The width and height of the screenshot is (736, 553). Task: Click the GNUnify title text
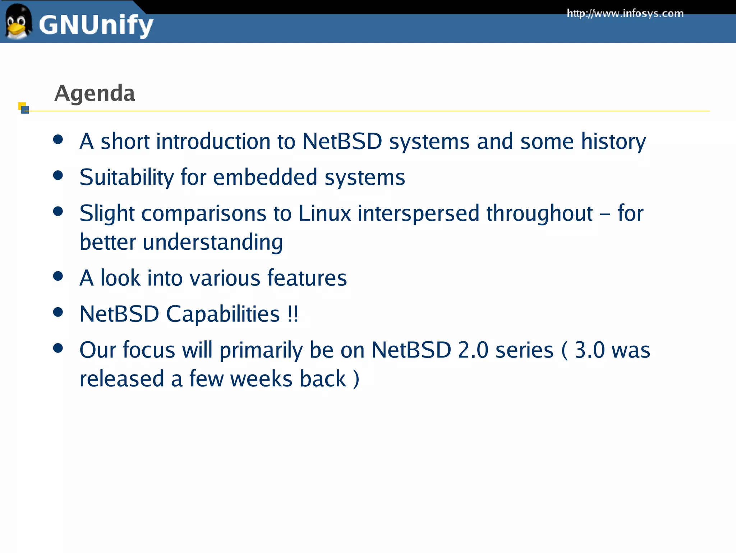coord(96,25)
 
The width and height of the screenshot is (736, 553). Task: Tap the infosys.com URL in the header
coord(625,14)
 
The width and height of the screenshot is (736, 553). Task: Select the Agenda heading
coord(95,93)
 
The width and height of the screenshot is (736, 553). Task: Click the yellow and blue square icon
coord(23,108)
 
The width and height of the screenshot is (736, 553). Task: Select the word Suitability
coord(126,178)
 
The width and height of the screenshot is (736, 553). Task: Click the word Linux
coord(325,213)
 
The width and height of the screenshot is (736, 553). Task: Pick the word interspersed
coord(418,213)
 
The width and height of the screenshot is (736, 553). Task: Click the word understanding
coord(213,242)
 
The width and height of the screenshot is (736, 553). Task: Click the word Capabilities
coord(223,314)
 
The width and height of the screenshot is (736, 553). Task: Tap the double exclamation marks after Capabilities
coord(293,314)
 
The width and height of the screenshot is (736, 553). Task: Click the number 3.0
coord(590,350)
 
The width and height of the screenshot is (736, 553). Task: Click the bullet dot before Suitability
coord(58,175)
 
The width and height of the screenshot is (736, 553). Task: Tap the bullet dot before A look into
coord(58,276)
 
